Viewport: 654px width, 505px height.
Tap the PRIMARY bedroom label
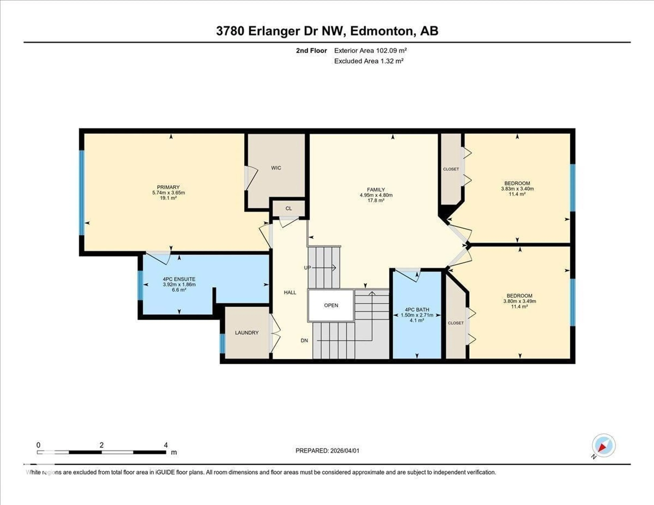tap(168, 187)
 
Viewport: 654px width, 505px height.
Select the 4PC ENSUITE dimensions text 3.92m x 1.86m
tap(179, 284)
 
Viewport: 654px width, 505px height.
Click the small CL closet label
tap(288, 208)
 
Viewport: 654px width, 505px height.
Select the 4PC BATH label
tap(417, 310)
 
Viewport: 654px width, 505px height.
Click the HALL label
tap(290, 293)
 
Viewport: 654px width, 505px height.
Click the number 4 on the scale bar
tap(166, 445)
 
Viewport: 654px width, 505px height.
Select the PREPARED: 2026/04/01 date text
tap(327, 451)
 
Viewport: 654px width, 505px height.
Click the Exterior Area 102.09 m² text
tap(370, 51)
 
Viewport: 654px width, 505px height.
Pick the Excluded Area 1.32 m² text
tap(369, 61)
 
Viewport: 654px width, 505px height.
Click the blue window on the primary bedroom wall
tap(81, 192)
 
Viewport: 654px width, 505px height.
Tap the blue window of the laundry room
tap(222, 343)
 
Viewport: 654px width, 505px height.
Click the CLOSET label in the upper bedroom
tap(451, 169)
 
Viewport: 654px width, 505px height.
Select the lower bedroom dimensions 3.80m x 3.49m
tap(520, 301)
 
